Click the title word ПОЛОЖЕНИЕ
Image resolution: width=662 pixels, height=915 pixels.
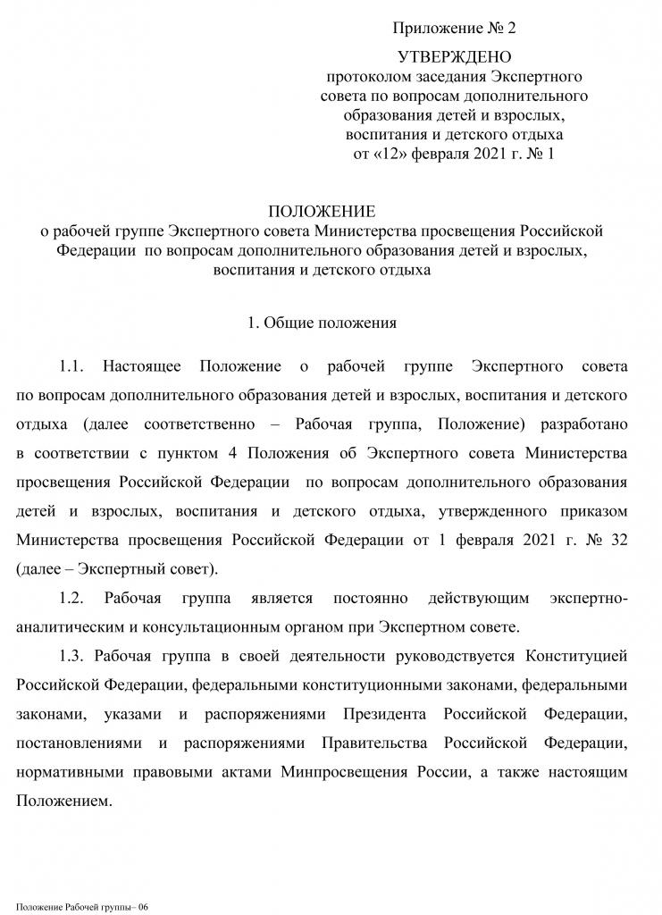[323, 212]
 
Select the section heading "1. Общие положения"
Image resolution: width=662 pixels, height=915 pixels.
[322, 322]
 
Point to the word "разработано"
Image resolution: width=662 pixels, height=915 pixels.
[584, 424]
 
